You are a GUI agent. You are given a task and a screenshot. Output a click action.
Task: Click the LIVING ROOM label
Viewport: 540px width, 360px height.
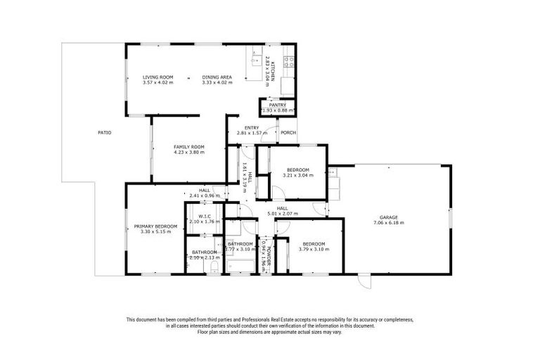coord(158,77)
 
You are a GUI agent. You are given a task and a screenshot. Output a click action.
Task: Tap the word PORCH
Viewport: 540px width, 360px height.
coord(288,132)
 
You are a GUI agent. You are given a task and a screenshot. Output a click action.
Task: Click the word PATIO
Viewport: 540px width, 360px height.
coord(104,132)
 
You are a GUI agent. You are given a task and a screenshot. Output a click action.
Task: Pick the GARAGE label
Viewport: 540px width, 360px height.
coord(388,217)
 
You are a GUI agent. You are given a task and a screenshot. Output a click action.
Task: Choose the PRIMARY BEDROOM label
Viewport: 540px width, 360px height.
coord(155,226)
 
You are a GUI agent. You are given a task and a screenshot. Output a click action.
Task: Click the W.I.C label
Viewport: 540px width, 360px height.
coord(205,217)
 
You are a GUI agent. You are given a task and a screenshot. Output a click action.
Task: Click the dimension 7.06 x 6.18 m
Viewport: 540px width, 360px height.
coord(388,223)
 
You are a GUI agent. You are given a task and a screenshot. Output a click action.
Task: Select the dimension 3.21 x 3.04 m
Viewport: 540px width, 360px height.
coord(297,175)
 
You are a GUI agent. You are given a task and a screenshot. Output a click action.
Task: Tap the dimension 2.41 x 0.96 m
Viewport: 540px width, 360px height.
coord(204,195)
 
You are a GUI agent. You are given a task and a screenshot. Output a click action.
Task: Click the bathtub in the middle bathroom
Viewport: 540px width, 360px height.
coord(240,265)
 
